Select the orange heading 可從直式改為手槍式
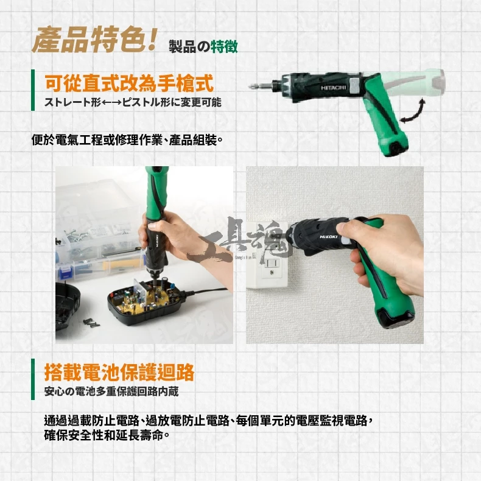[x=129, y=83]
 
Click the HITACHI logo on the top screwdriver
[x=334, y=88]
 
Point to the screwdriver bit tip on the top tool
[x=250, y=86]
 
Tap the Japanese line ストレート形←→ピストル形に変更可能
[x=133, y=102]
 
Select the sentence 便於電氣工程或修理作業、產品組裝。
[x=127, y=140]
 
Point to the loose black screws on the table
[x=91, y=323]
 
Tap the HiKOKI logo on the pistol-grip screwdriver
[x=329, y=237]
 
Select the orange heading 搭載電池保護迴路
[x=119, y=372]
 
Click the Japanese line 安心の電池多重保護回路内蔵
[x=111, y=391]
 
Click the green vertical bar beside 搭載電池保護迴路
[x=33, y=379]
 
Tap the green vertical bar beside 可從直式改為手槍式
[x=33, y=90]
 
